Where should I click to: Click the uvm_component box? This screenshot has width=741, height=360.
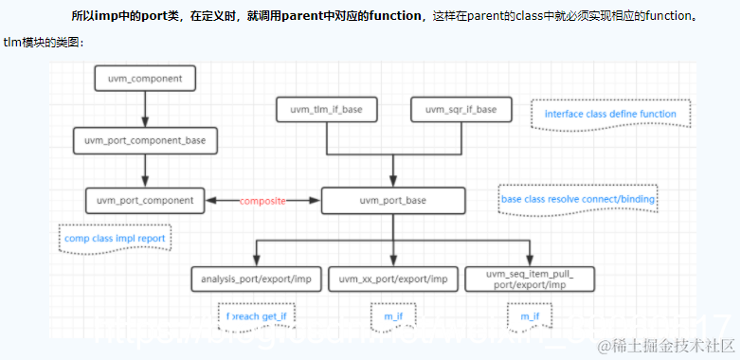(145, 78)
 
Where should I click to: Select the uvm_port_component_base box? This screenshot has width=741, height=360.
(145, 140)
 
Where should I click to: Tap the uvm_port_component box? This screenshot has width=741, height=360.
(145, 200)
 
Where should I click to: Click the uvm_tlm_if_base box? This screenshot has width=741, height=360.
(326, 110)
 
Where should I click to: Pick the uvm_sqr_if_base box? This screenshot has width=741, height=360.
(461, 110)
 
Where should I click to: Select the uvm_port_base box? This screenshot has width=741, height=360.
(393, 200)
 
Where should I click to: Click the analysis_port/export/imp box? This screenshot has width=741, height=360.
(256, 279)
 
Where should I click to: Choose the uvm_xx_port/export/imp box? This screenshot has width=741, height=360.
(393, 279)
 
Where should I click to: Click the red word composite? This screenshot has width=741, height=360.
(262, 201)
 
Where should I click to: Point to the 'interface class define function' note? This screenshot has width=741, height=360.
(610, 115)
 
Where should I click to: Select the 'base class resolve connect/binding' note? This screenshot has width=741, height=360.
(578, 200)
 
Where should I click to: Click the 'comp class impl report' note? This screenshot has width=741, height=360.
(119, 239)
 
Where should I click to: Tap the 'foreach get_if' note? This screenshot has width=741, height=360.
(256, 315)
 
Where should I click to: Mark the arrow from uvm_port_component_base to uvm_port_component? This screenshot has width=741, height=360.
(145, 171)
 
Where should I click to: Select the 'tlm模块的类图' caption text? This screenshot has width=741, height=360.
(44, 43)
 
